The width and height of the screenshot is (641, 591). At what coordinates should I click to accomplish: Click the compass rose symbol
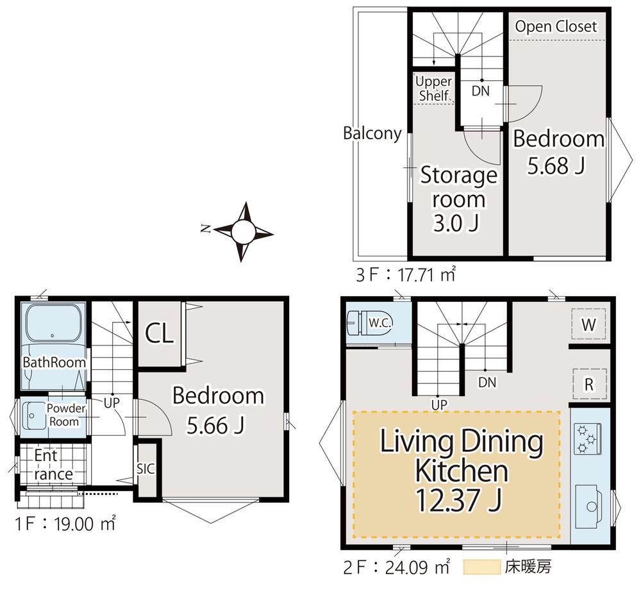244,232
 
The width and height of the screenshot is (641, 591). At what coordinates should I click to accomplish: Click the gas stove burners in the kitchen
587,439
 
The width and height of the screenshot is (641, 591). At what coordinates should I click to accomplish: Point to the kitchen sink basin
588,506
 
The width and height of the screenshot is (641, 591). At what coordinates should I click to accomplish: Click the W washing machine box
588,324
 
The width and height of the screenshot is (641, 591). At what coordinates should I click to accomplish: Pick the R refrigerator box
588,384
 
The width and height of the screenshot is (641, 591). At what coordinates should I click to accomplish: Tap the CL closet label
160,333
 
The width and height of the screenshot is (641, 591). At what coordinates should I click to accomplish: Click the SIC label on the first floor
146,469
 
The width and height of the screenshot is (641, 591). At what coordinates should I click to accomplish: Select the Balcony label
372,133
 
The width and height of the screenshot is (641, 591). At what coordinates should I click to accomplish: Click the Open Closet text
556,26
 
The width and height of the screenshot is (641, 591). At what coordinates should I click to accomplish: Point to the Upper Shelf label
434,88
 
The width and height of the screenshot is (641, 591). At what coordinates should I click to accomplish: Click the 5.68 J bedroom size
556,165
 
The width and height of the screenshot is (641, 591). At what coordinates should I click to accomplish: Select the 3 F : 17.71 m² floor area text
406,274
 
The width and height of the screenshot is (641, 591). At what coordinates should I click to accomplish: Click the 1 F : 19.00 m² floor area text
65,524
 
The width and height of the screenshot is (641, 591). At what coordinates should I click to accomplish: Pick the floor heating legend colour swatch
482,567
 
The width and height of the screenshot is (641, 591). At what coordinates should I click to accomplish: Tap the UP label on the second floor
439,404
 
